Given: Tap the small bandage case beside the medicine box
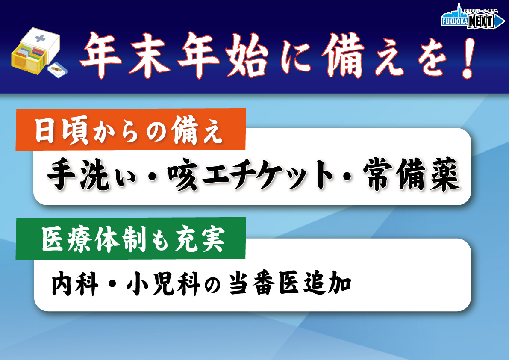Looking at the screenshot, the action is pyautogui.click(x=57, y=70).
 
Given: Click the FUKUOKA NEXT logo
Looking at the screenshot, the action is pyautogui.click(x=472, y=18).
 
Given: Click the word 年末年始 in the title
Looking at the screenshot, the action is pyautogui.click(x=174, y=55).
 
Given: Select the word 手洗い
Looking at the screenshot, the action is pyautogui.click(x=91, y=174).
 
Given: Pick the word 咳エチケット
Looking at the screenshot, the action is pyautogui.click(x=250, y=174).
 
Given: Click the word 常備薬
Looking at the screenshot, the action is pyautogui.click(x=412, y=174).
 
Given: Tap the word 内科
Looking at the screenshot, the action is pyautogui.click(x=75, y=283).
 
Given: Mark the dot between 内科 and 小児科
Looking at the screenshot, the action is pyautogui.click(x=112, y=284).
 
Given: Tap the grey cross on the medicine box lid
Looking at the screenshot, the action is pyautogui.click(x=40, y=38).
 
